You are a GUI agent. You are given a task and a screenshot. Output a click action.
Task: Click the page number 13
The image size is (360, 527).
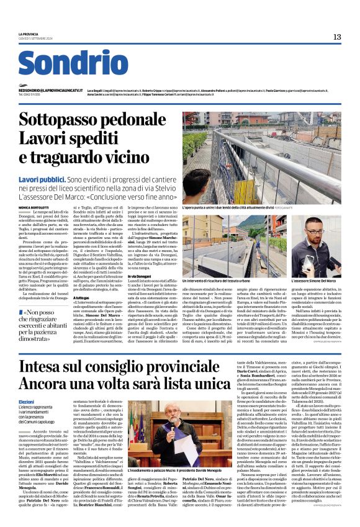tap(337, 37)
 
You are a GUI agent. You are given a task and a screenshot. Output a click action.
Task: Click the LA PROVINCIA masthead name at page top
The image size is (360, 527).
tap(29, 34)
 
